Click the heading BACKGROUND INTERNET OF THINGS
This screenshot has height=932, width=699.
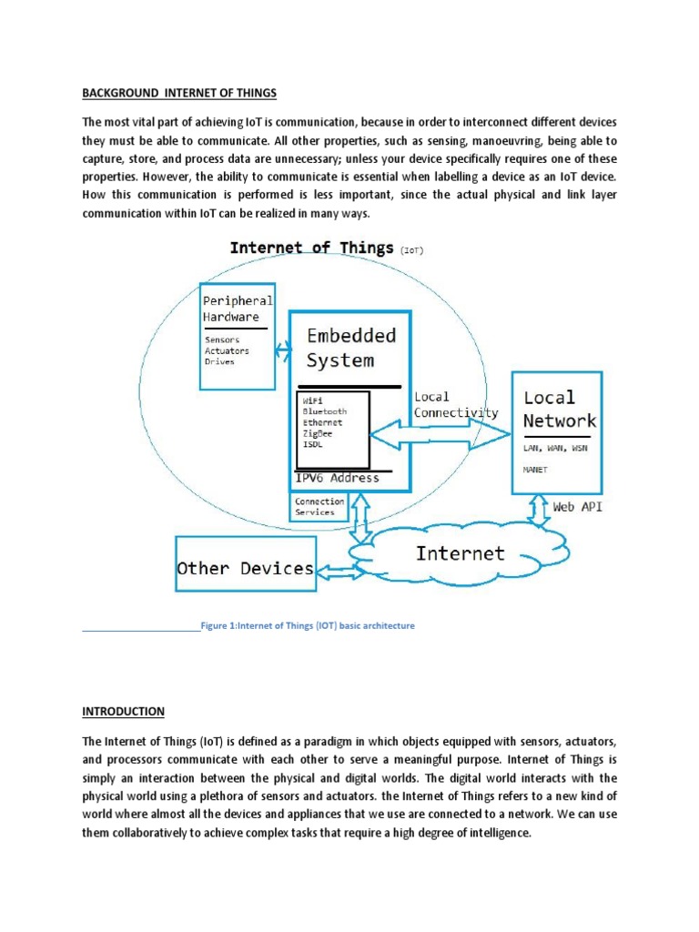[178, 94]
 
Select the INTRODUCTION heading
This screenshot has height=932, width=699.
[123, 711]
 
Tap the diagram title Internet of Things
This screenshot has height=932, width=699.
[311, 248]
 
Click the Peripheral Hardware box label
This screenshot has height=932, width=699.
[237, 309]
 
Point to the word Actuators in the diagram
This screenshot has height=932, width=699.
[227, 350]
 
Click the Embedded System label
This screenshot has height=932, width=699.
[351, 348]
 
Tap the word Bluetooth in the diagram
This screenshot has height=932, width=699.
[324, 411]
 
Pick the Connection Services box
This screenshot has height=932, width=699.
[319, 507]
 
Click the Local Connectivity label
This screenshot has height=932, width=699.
[456, 405]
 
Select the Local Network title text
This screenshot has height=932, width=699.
[559, 409]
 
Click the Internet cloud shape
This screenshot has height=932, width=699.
[460, 553]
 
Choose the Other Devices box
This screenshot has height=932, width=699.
[245, 569]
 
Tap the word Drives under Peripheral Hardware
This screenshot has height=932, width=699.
[219, 361]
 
